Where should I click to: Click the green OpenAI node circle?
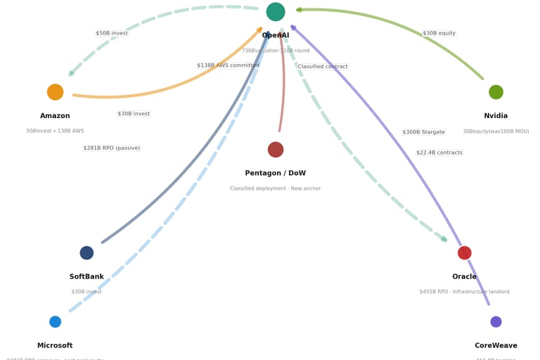(276, 12)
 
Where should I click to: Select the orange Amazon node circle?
(56, 92)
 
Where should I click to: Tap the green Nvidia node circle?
(496, 92)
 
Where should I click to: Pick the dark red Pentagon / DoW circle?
(276, 150)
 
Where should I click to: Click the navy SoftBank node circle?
(86, 253)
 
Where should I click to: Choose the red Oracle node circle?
(465, 253)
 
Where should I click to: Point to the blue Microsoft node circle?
(56, 322)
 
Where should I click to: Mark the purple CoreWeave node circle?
(496, 322)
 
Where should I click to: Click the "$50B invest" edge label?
(112, 33)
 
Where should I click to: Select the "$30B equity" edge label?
(439, 33)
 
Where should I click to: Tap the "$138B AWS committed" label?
(228, 65)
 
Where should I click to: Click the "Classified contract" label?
(323, 67)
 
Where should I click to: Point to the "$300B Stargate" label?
(423, 132)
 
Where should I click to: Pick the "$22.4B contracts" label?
(439, 153)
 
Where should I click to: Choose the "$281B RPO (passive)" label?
(111, 148)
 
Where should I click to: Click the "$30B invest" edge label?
(134, 114)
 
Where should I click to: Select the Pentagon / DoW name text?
(276, 174)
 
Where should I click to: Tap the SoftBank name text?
(86, 277)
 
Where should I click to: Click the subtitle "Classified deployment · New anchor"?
(276, 188)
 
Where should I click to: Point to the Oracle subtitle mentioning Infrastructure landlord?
(465, 292)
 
